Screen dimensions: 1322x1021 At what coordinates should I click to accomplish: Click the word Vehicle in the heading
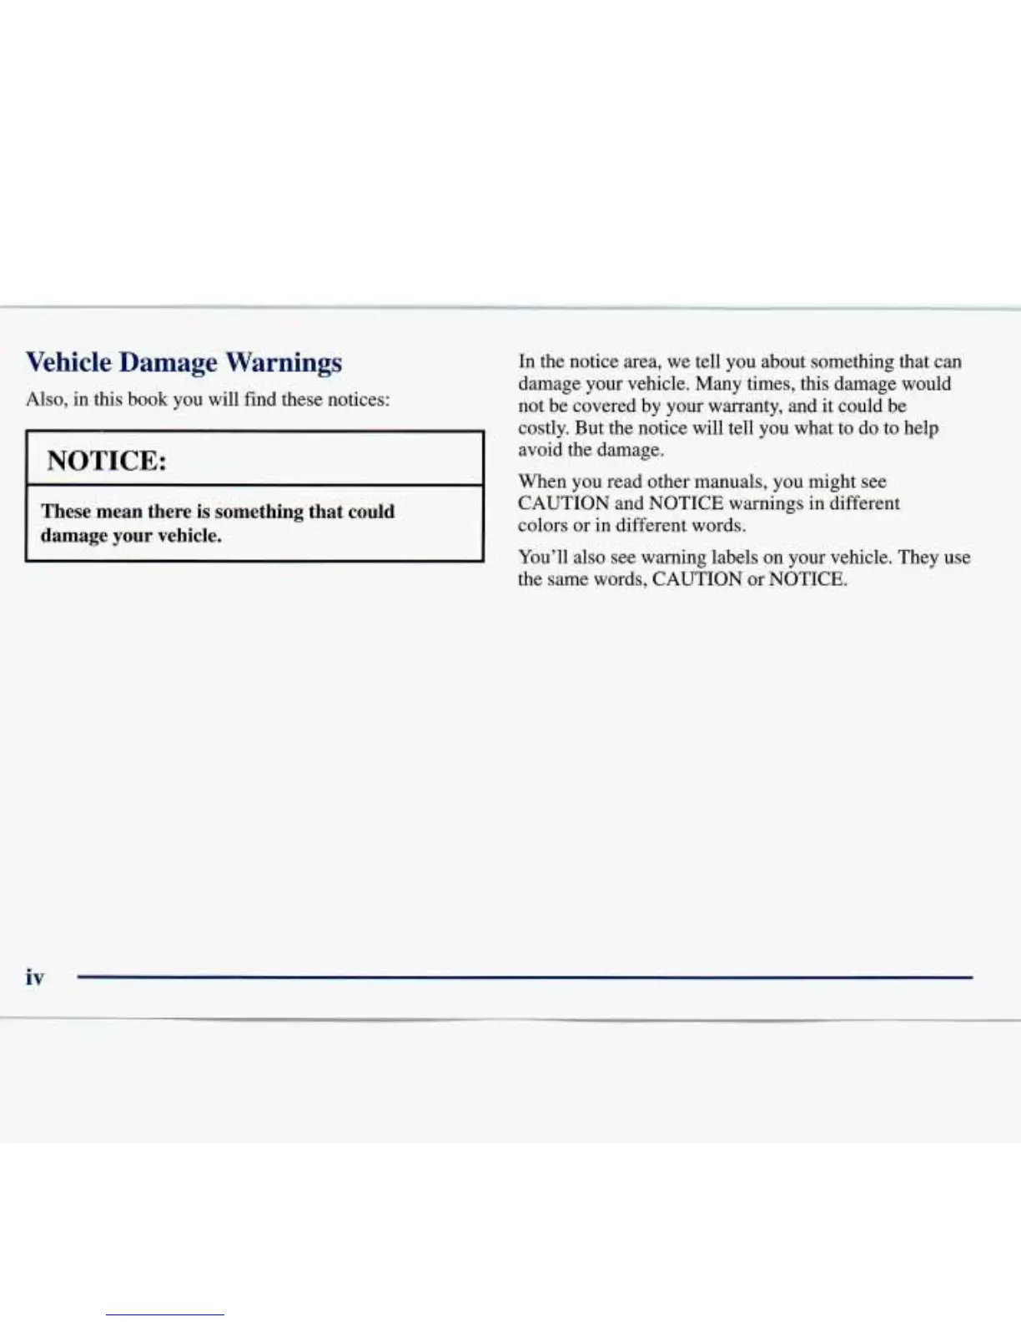68,362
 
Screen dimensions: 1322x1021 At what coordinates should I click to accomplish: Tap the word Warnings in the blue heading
284,363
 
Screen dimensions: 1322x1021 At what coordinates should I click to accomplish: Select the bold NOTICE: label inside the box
106,460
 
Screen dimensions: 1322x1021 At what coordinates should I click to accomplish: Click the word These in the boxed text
66,511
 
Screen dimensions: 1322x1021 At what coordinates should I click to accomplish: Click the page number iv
34,977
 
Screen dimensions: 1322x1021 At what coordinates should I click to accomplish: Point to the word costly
543,428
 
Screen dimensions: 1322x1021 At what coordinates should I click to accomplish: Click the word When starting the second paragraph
541,482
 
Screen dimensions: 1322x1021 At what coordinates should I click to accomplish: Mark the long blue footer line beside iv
524,976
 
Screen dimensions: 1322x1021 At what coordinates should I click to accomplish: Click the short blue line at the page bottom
165,1315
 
